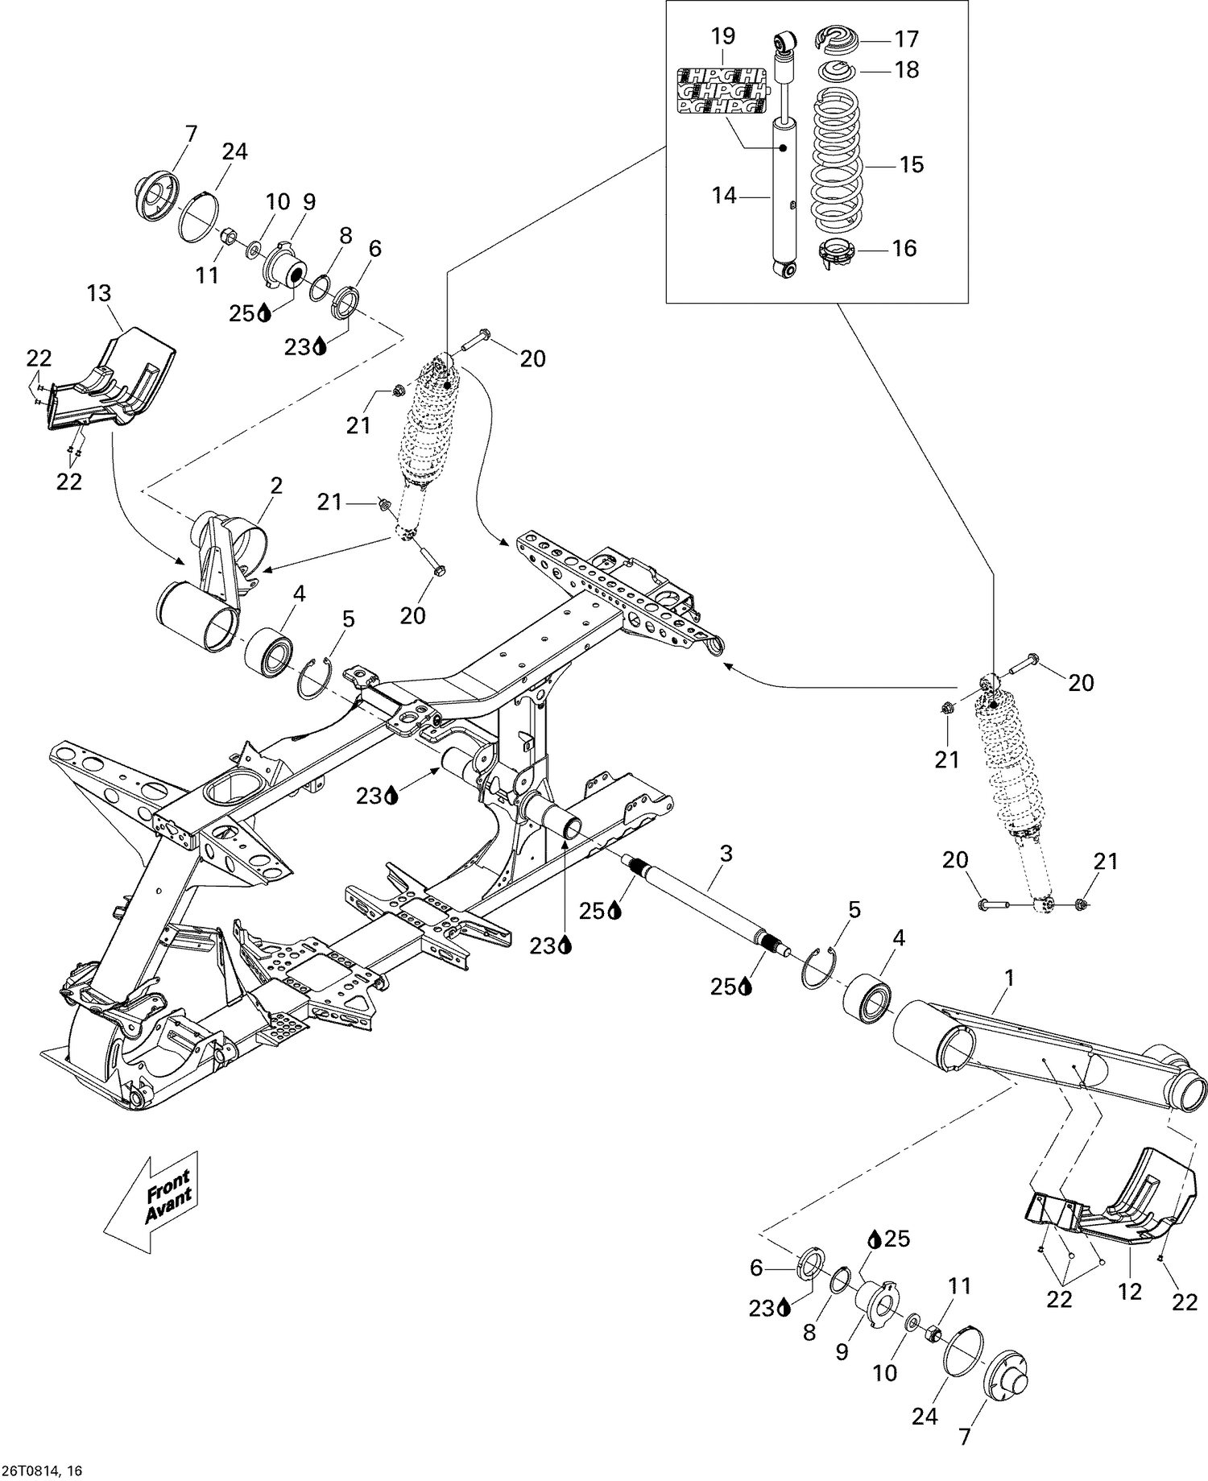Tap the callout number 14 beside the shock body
pyautogui.click(x=725, y=196)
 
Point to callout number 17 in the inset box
pyautogui.click(x=906, y=39)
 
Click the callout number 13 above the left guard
pyautogui.click(x=99, y=293)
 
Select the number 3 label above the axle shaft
pyautogui.click(x=726, y=854)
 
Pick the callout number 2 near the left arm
pyautogui.click(x=276, y=486)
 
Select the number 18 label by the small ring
pyautogui.click(x=907, y=70)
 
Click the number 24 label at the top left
pyautogui.click(x=234, y=151)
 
